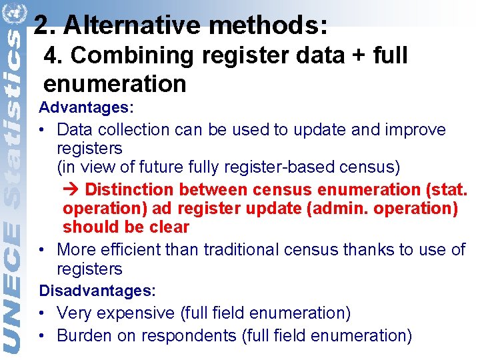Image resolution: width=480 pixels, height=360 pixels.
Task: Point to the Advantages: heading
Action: click(87, 107)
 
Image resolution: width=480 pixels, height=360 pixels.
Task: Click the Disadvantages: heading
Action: click(97, 291)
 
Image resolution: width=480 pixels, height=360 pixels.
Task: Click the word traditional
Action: click(246, 249)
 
